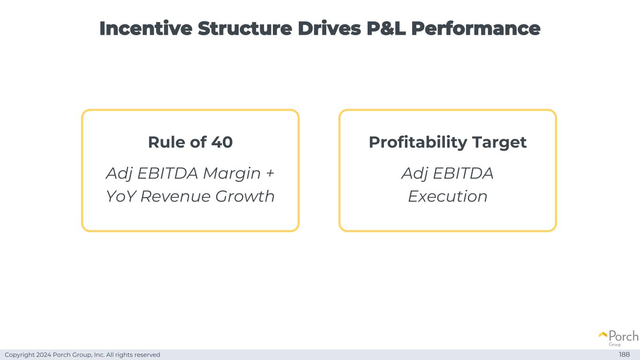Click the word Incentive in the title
146,28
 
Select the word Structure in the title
245,28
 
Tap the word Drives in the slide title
329,28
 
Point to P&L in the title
386,28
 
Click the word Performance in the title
476,28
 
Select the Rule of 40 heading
190,142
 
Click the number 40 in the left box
222,142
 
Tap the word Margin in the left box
232,174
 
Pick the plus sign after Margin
270,173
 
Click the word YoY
120,196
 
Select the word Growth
245,196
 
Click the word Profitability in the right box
418,142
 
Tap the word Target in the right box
499,142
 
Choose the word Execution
448,196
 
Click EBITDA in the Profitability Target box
463,173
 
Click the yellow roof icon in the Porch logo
603,335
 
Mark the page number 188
624,354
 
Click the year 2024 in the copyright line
44,354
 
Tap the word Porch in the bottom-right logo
624,336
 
